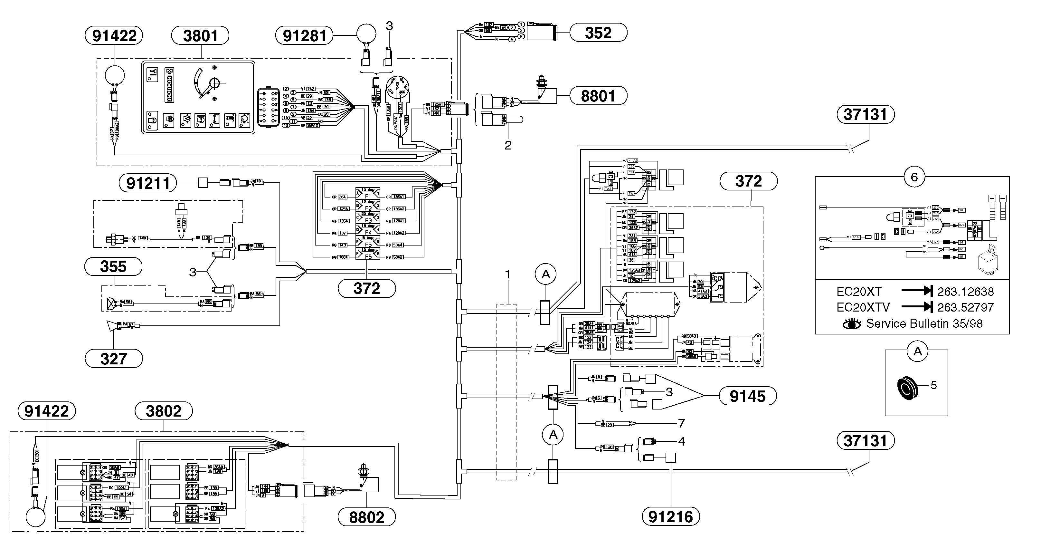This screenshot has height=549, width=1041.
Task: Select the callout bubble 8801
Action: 598,96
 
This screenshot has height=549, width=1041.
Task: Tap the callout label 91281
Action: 304,35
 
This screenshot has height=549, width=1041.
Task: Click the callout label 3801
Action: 201,35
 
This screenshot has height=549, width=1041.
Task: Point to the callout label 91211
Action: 148,183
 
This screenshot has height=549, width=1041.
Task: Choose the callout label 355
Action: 113,267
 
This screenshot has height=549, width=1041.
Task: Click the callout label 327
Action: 114,359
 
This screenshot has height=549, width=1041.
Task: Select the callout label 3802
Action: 163,411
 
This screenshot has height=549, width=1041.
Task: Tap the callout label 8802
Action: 366,517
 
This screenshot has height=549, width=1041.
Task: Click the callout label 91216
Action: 670,517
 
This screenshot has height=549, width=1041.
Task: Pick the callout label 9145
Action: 748,396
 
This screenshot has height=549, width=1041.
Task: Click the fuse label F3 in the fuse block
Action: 368,221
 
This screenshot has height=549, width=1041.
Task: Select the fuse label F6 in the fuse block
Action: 368,257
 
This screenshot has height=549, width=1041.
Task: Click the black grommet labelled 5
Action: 908,388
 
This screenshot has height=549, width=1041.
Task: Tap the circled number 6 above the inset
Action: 914,177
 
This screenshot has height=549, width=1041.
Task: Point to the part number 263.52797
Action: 965,308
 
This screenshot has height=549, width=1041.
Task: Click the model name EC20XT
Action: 858,292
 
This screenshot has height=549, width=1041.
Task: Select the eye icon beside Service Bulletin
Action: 852,324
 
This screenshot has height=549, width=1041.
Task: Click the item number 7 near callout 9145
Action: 682,423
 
